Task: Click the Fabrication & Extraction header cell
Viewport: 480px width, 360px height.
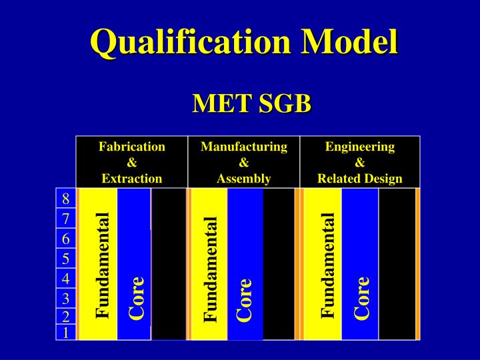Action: [x=132, y=162]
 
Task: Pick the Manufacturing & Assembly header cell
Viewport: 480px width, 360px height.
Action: [x=244, y=162]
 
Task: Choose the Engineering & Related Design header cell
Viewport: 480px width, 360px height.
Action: [x=360, y=162]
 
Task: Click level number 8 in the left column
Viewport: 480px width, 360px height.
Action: [x=66, y=199]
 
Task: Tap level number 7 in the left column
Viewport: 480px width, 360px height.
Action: [x=66, y=219]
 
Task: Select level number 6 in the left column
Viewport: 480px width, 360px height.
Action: [x=66, y=239]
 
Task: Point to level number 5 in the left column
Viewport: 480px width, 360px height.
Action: [x=66, y=259]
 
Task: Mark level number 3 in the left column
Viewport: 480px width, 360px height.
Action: [x=66, y=298]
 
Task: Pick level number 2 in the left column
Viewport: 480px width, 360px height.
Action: [x=66, y=316]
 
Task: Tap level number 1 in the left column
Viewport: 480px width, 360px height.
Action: [x=66, y=331]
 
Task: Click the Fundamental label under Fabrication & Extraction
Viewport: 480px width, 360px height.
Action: [x=102, y=264]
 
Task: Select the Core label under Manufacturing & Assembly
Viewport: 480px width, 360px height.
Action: [x=245, y=298]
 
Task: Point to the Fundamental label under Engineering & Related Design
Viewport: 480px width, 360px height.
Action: [x=327, y=264]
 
